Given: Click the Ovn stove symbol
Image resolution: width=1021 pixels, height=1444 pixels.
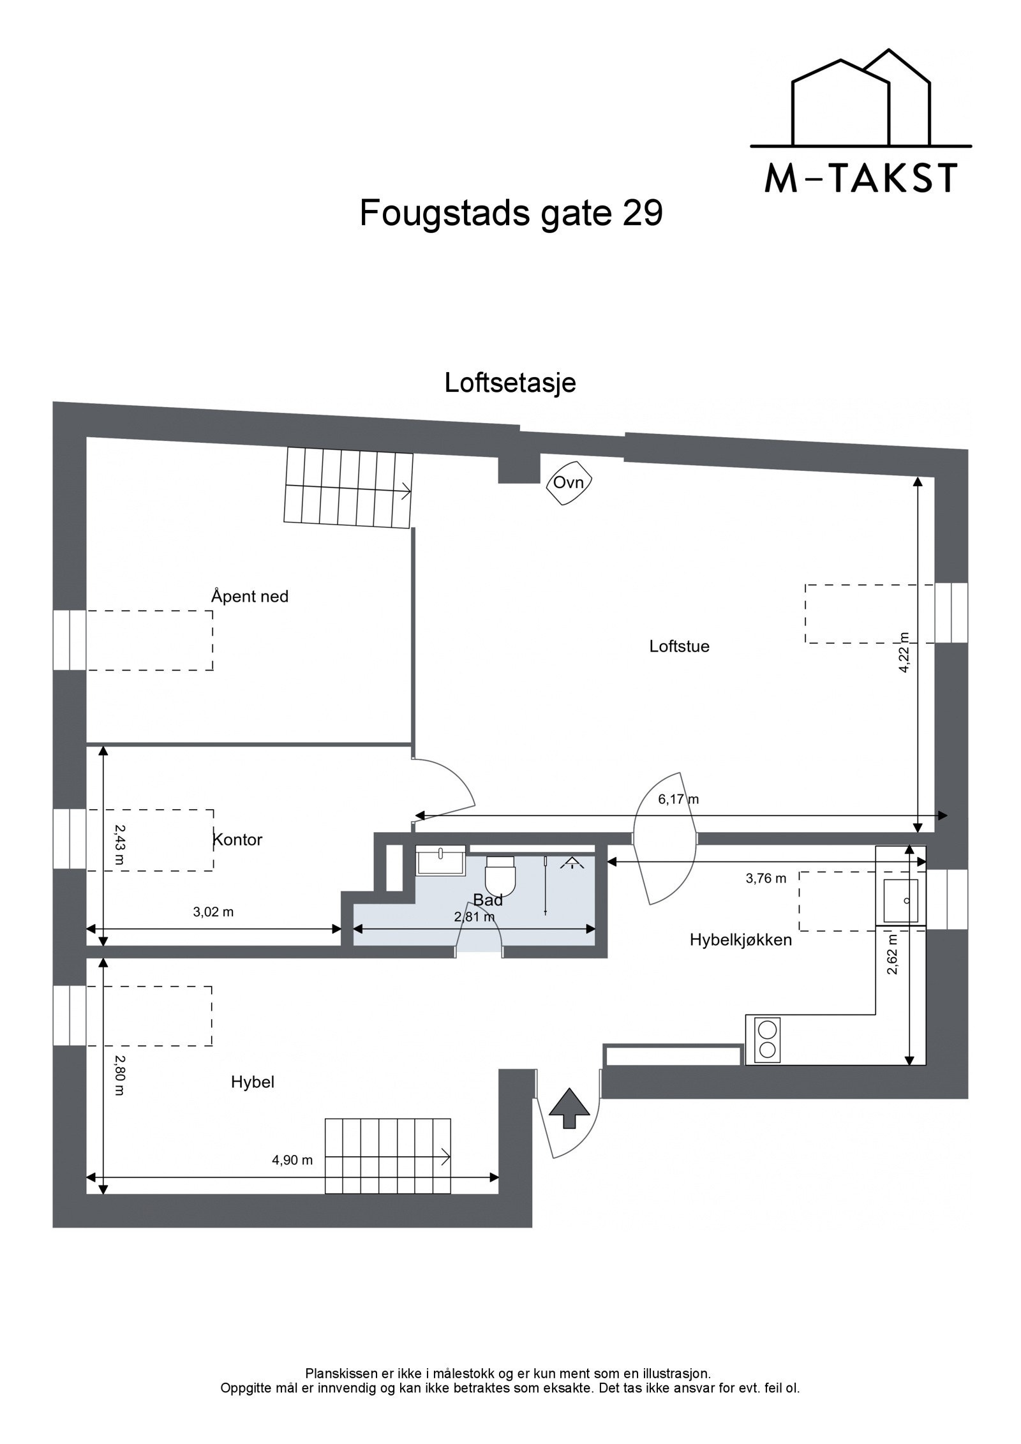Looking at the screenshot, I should [x=569, y=483].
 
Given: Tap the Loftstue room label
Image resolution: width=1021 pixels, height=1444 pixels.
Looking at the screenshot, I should [x=679, y=646].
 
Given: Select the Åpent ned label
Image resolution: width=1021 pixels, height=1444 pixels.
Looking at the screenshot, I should [x=250, y=597].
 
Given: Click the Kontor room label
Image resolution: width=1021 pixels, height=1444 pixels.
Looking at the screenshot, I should [x=237, y=840].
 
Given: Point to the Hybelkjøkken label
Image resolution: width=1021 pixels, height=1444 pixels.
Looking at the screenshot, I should [x=740, y=940].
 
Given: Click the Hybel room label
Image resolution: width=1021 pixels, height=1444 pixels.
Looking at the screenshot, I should [x=253, y=1082].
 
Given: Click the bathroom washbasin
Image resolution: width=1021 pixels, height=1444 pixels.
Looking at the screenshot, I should [x=441, y=860].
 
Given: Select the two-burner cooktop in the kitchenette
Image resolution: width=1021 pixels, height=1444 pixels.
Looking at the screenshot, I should [x=766, y=1039].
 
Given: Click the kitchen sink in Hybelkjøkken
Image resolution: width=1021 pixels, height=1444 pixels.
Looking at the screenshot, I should [x=900, y=900].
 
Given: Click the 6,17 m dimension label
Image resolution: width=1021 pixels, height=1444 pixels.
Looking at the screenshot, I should [x=678, y=799].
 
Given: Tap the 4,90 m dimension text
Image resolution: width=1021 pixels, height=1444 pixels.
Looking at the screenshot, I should [x=292, y=1160].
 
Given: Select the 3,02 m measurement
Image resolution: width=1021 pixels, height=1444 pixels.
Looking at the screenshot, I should [x=213, y=912].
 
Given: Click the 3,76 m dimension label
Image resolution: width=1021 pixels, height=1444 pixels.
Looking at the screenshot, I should [x=766, y=879].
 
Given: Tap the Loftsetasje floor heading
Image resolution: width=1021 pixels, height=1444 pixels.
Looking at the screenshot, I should [x=510, y=383].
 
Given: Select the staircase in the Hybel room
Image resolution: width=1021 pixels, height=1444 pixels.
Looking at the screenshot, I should [x=387, y=1156].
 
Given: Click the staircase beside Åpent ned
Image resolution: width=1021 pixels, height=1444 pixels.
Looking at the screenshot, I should [x=348, y=488].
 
